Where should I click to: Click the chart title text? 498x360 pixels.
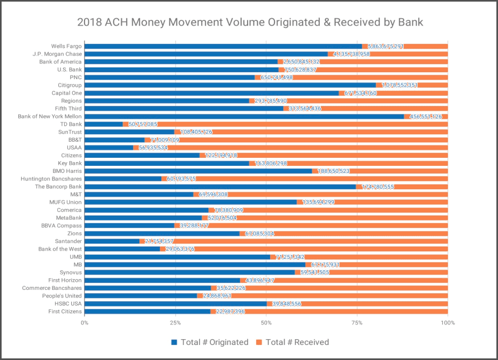coord(250,22)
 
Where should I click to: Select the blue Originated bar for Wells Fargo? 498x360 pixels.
coord(223,47)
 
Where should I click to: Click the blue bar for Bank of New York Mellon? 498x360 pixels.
coord(244,116)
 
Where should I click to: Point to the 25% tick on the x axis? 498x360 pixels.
coord(175,323)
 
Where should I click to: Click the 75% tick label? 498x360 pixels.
coord(357,323)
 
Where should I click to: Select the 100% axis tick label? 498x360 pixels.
coord(447,323)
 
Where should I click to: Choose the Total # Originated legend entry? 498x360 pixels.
coord(210,342)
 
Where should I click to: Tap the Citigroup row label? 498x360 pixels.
coord(70,85)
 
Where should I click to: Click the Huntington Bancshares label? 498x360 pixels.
coord(51,179)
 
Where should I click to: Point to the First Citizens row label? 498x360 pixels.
coord(65,311)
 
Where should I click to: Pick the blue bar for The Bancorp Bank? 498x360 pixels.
coord(220,187)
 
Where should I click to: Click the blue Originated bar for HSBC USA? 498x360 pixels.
coord(175,303)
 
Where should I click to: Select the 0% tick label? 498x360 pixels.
coord(85,323)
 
